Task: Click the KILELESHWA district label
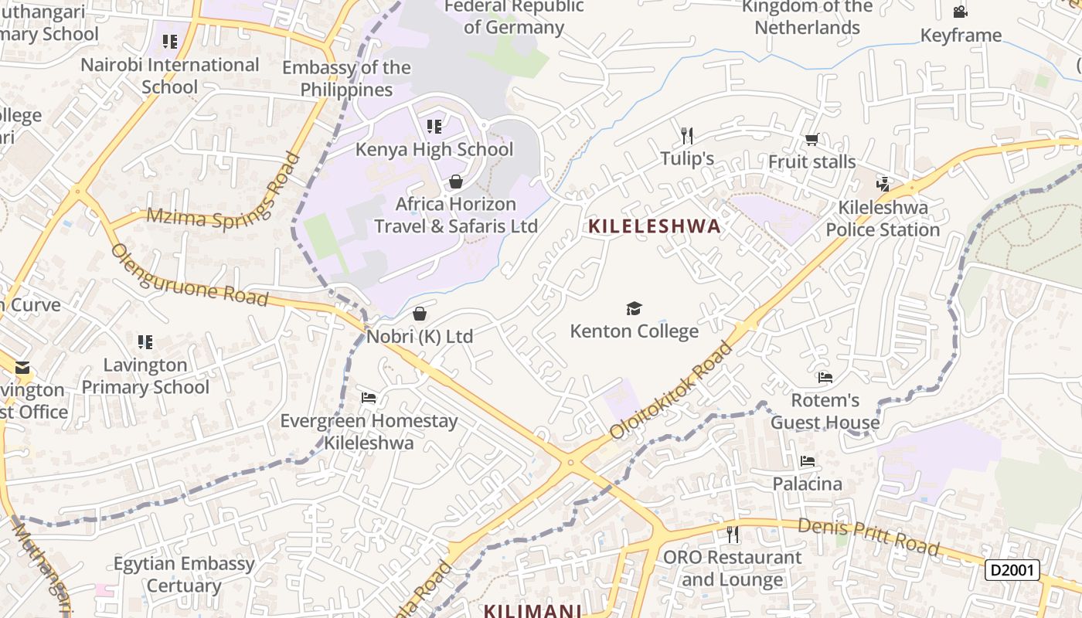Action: click(655, 226)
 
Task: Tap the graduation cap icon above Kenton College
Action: click(634, 309)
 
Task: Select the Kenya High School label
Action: click(434, 149)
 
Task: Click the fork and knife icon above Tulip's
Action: click(687, 136)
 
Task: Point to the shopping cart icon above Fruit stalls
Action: click(811, 140)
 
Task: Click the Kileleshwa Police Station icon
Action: click(883, 184)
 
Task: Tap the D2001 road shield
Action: click(1012, 570)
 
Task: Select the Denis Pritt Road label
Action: click(869, 536)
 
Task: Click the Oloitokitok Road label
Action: click(671, 390)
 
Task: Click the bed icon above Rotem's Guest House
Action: click(825, 378)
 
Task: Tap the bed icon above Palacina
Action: click(808, 461)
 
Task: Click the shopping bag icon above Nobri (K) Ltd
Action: click(420, 314)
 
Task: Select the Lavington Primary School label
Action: click(145, 375)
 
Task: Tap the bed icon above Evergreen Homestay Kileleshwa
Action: click(369, 398)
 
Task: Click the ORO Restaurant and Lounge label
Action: click(732, 568)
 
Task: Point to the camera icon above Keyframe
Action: click(960, 12)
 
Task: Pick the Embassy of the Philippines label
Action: click(346, 79)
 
